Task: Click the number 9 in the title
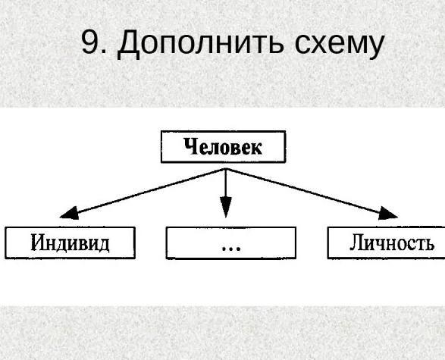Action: coord(89,42)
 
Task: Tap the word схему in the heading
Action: coord(340,45)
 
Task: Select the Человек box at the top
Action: coord(224,147)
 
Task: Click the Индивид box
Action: coord(70,243)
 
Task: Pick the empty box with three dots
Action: coord(231,243)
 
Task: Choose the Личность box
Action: coord(387,243)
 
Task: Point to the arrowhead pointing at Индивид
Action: coord(69,213)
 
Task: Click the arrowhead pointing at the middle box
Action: coord(226,207)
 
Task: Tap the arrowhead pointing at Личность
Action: coord(388,213)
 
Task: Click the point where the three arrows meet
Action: coord(226,169)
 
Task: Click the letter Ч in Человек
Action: coord(190,146)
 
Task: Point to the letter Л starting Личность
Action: coord(356,243)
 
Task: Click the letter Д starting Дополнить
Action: coord(128,45)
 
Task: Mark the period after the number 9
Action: coord(104,52)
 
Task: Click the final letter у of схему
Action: coord(375,48)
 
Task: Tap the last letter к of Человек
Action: coord(256,149)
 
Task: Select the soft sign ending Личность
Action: coord(430,245)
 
